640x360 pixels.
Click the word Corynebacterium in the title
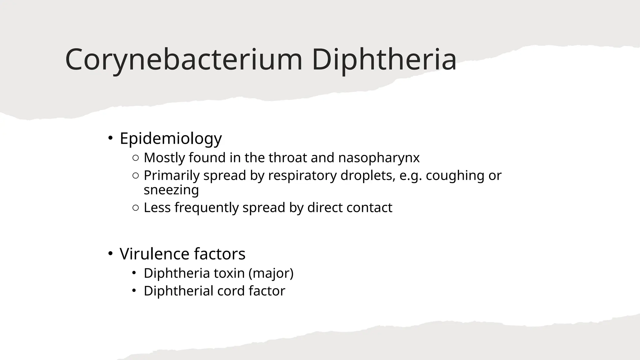coord(184,59)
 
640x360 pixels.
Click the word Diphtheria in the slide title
coord(384,59)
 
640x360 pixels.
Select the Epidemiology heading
coord(171,138)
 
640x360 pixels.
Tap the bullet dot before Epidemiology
coord(110,137)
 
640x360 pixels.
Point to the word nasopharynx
coord(379,158)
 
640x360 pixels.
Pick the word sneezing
coord(171,190)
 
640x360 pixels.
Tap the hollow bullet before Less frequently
coord(136,208)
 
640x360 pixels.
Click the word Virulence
coord(155,254)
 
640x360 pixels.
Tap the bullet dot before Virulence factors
coord(110,253)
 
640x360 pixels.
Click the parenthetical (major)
coord(271,273)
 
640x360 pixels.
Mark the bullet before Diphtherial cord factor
coord(134,291)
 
